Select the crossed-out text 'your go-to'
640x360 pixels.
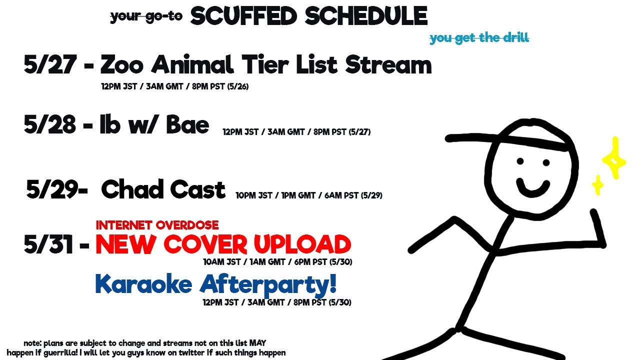pyautogui.click(x=146, y=16)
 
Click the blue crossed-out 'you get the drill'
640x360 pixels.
pyautogui.click(x=479, y=38)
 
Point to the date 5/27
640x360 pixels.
pyautogui.click(x=50, y=64)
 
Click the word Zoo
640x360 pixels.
pyautogui.click(x=121, y=64)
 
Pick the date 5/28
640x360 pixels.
pyautogui.click(x=50, y=124)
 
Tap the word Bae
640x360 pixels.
pyautogui.click(x=187, y=124)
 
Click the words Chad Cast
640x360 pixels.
pyautogui.click(x=163, y=189)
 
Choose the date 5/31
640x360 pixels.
pyautogui.click(x=48, y=244)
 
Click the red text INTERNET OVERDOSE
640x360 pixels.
pyautogui.click(x=157, y=225)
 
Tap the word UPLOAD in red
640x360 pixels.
pyautogui.click(x=302, y=244)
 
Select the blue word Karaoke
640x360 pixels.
pyautogui.click(x=143, y=283)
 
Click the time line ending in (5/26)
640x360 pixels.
pyautogui.click(x=175, y=86)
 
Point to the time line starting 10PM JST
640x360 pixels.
pyautogui.click(x=309, y=195)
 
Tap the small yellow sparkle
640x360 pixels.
pyautogui.click(x=597, y=185)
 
